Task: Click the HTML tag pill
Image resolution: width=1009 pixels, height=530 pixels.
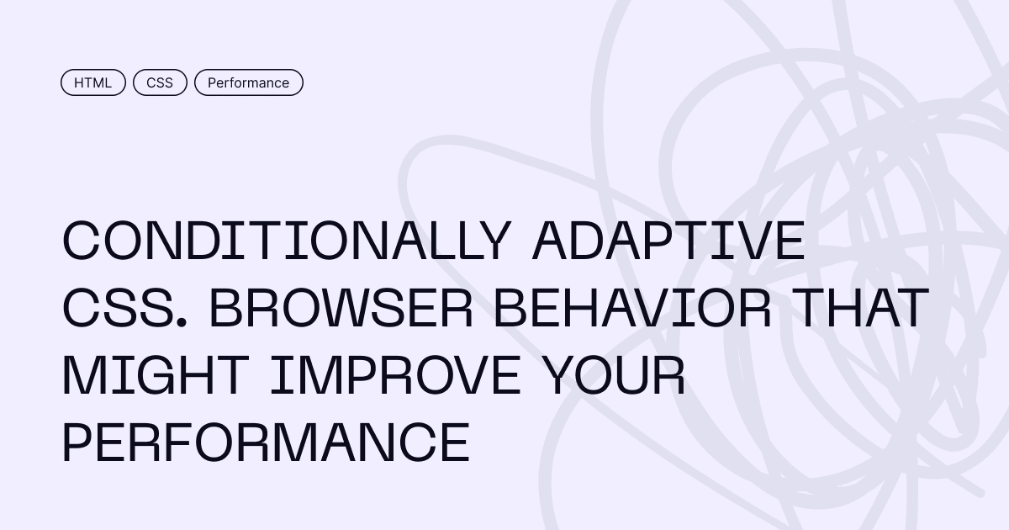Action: [x=93, y=82]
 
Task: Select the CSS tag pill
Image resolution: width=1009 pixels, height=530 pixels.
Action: [x=160, y=82]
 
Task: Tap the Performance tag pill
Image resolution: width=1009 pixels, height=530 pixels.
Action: [x=249, y=82]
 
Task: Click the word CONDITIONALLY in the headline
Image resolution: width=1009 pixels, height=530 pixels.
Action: [x=287, y=241]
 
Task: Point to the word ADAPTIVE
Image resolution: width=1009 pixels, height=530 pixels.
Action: [x=668, y=241]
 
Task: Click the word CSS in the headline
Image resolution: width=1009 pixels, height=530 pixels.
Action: [x=119, y=308]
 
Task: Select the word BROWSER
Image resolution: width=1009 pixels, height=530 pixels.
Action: [x=341, y=308]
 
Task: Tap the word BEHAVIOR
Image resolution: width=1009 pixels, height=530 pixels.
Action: [x=632, y=308]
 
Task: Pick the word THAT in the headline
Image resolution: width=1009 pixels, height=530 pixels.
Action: [x=860, y=308]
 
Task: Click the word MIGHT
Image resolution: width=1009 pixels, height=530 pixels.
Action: [x=156, y=375]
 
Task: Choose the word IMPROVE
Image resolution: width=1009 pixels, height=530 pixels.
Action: [x=395, y=375]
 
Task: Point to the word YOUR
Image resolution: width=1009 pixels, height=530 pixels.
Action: [x=613, y=375]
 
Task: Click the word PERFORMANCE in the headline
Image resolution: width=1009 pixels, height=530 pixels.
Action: [x=267, y=443]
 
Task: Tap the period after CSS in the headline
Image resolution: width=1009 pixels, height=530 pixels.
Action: [x=182, y=321]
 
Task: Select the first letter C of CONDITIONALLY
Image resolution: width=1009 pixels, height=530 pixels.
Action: [x=81, y=241]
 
